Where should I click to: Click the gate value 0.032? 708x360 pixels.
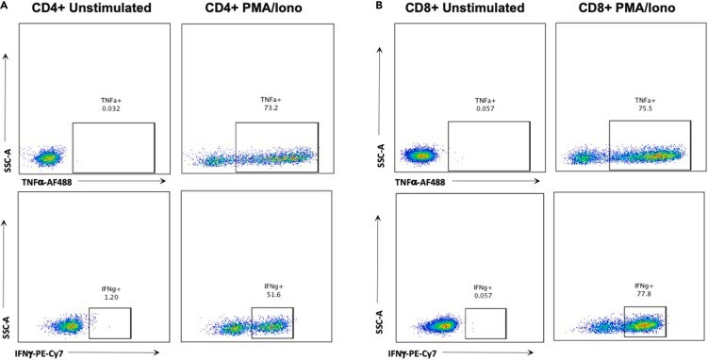pos(110,108)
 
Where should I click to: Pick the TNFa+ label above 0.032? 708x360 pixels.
pos(110,101)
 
